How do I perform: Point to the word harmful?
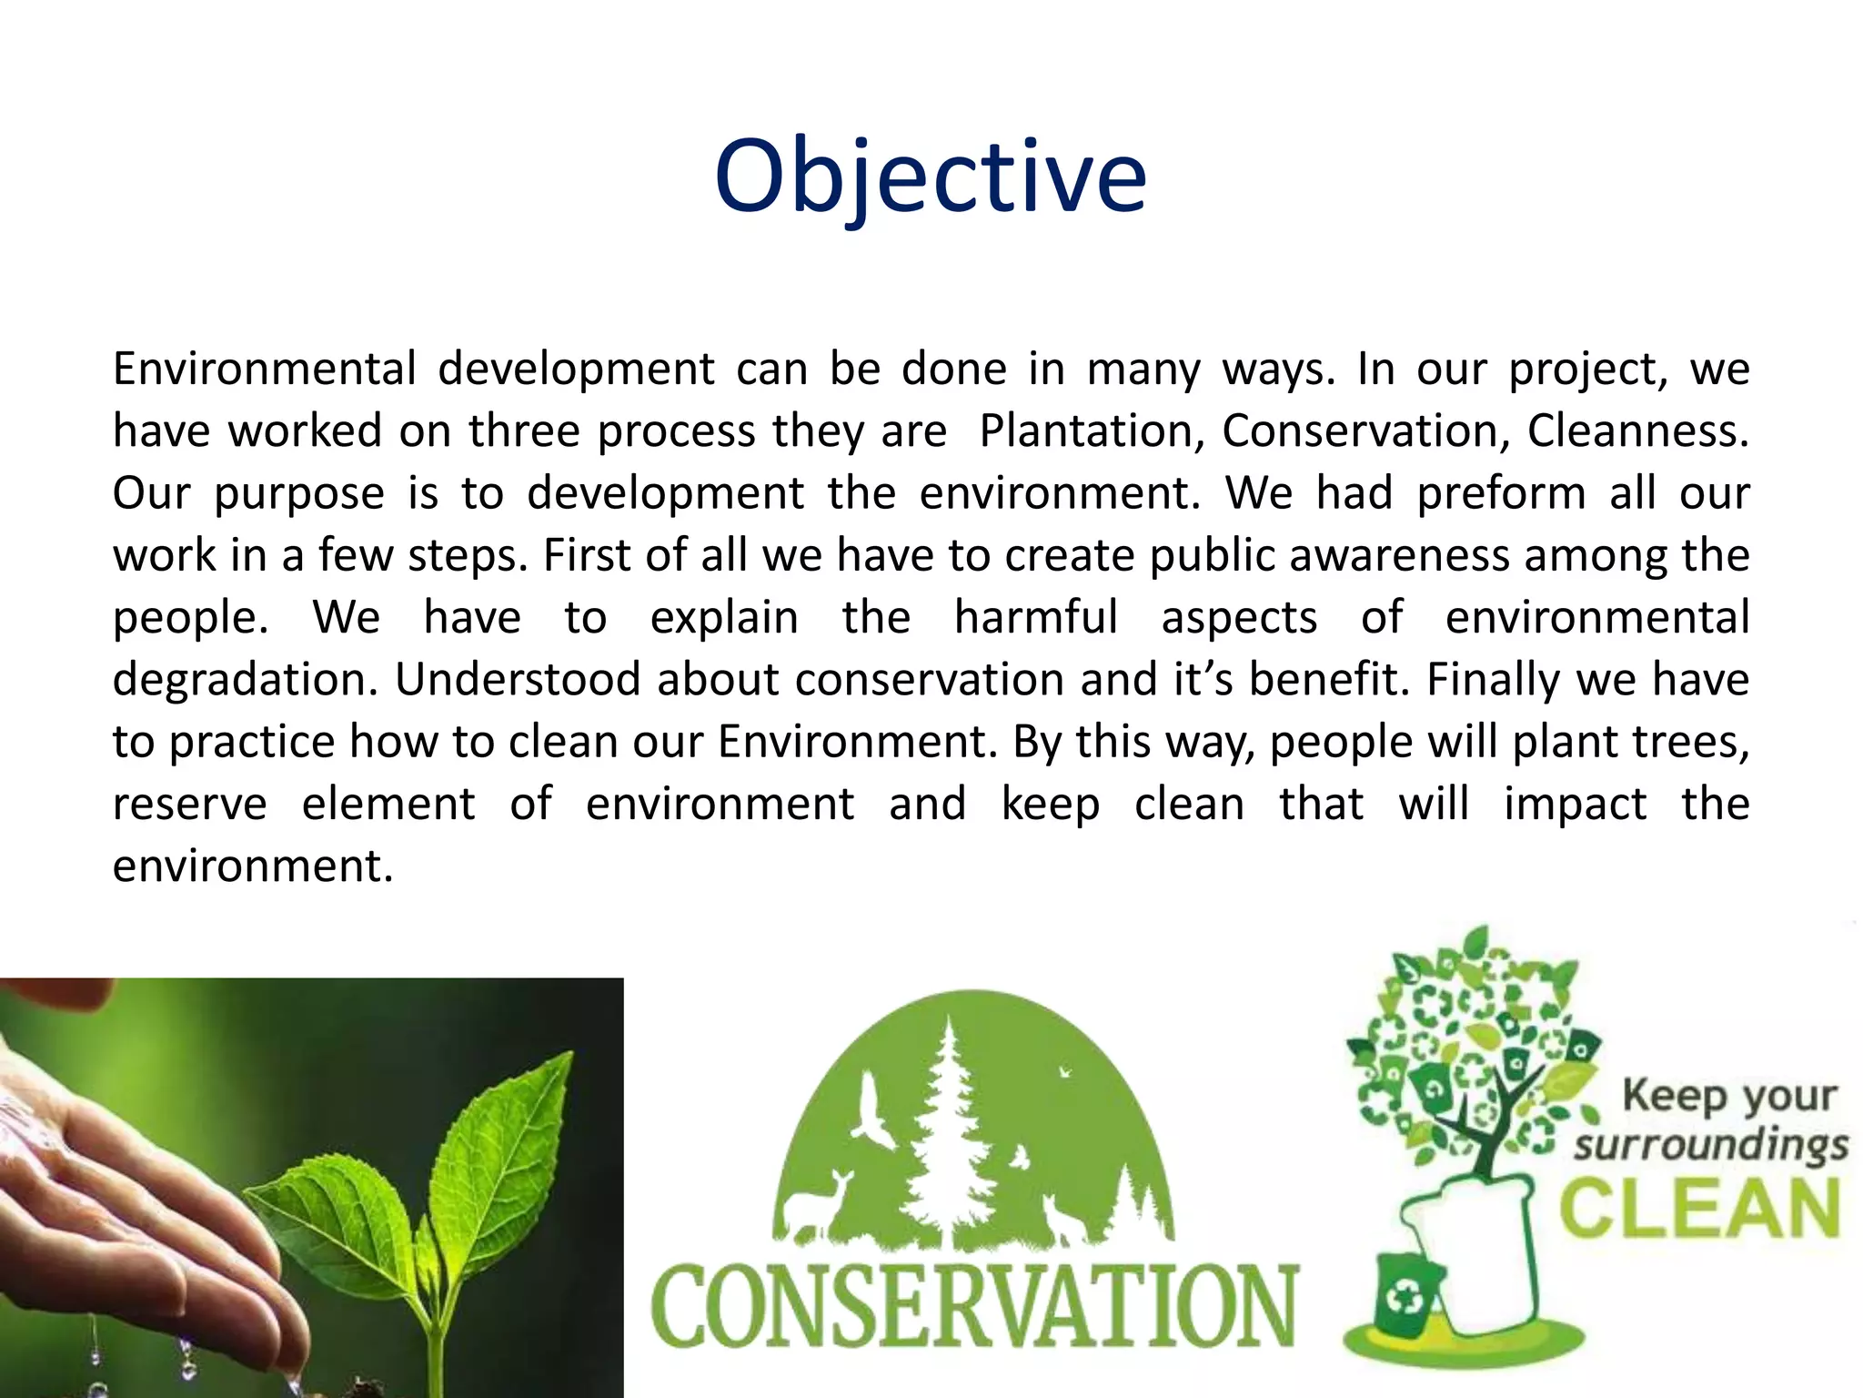coord(1035,617)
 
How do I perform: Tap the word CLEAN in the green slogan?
coord(1699,1210)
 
